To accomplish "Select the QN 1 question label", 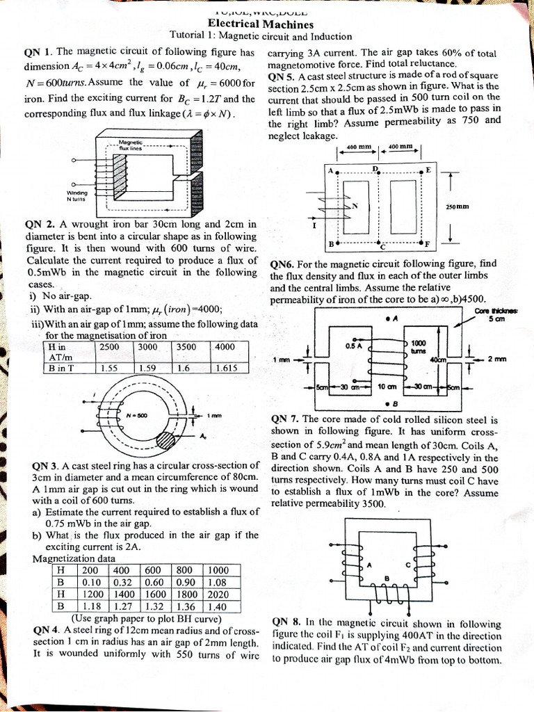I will [38, 52].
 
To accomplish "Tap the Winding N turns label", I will [76, 195].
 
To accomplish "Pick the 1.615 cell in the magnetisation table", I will [228, 369].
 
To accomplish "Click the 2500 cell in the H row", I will [109, 346].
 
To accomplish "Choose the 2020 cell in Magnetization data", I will [217, 594].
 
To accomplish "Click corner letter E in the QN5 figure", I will [428, 170].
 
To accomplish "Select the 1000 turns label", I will [419, 347].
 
